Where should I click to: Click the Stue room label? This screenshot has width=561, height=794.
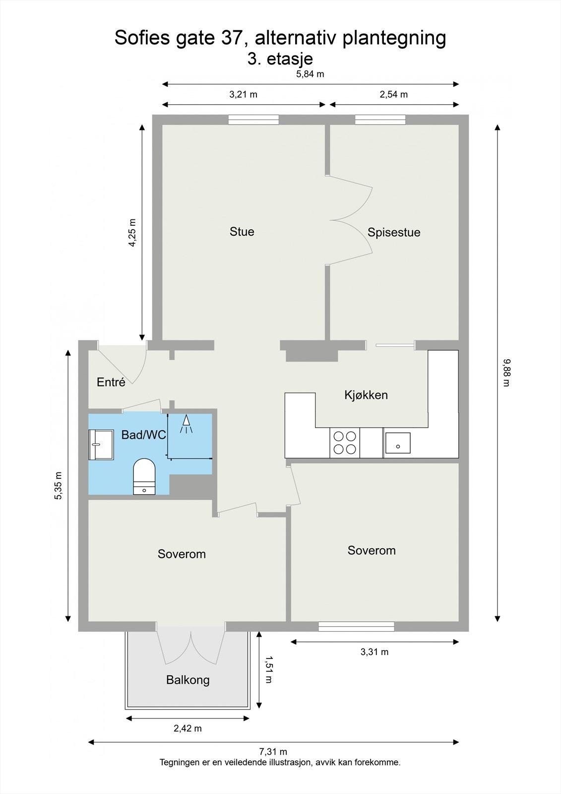(242, 232)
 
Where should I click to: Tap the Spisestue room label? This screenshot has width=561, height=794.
(394, 232)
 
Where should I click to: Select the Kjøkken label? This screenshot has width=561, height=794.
(366, 395)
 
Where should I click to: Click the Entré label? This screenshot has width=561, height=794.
(111, 382)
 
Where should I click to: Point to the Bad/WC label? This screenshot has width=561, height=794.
(143, 435)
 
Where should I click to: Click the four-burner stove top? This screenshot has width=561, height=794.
(345, 443)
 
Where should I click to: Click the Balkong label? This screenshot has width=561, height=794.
(187, 680)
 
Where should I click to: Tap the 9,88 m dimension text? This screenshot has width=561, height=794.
(506, 372)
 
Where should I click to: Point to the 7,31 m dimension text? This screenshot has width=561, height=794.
(272, 752)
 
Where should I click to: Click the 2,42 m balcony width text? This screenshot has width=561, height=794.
(187, 728)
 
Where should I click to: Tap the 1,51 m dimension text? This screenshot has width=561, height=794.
(268, 669)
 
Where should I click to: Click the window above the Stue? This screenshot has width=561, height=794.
(253, 120)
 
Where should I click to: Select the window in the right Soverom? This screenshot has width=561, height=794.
(356, 626)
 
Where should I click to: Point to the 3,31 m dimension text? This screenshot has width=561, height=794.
(374, 652)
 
